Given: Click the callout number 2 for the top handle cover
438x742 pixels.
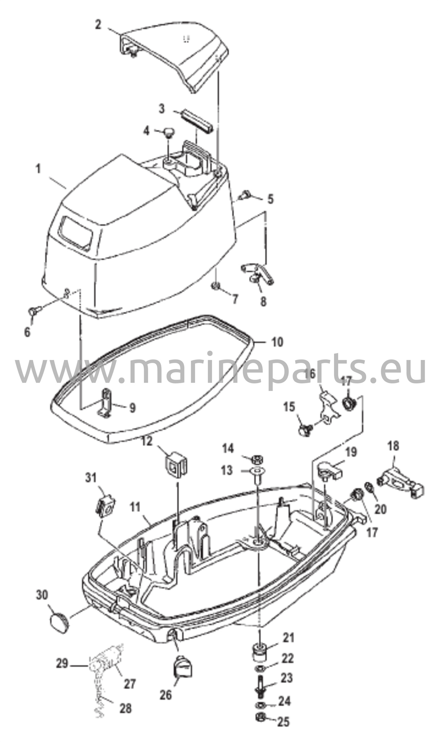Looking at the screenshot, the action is (98, 25).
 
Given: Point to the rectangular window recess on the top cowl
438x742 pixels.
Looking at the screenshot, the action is (76, 233).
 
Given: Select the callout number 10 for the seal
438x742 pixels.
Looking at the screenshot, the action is (277, 342).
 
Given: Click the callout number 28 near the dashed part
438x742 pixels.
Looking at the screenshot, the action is (125, 708).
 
